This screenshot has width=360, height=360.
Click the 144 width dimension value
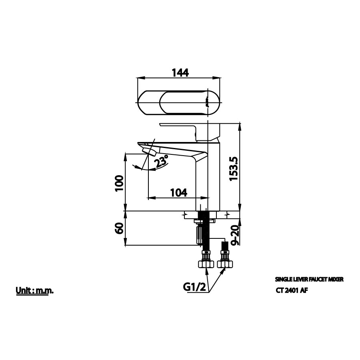click(180, 72)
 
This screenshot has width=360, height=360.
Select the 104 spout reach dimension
click(178, 192)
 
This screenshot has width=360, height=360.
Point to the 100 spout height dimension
click(119, 183)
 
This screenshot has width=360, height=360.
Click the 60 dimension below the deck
click(119, 229)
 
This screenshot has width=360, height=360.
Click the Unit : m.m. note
click(35, 290)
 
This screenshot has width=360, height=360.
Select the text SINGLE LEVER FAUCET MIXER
click(309, 280)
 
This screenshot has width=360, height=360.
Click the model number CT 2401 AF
click(292, 291)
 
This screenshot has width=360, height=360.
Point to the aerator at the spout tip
click(149, 151)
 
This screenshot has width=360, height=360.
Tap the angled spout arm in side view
click(176, 149)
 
